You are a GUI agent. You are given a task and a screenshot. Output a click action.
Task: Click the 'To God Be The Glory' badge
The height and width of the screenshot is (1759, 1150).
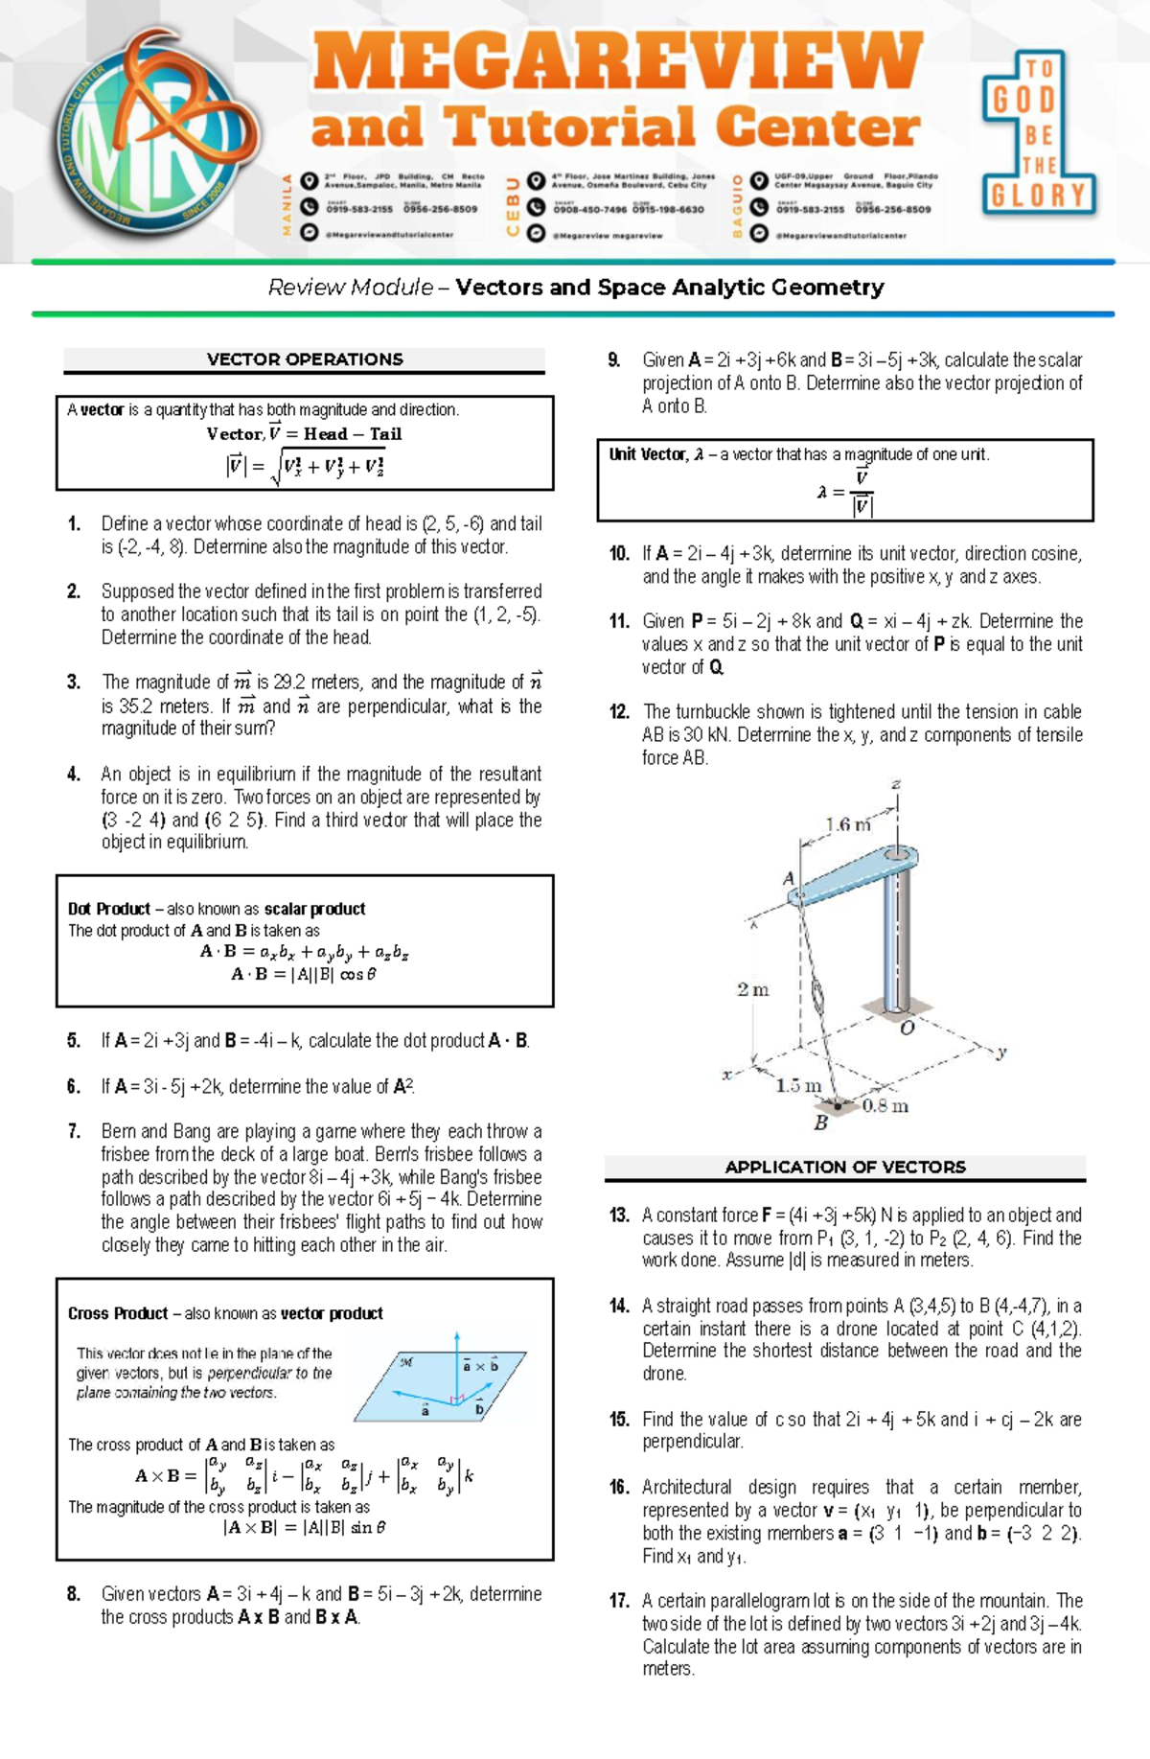tap(1038, 134)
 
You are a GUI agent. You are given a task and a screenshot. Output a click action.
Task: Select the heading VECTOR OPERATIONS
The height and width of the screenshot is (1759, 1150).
tap(305, 359)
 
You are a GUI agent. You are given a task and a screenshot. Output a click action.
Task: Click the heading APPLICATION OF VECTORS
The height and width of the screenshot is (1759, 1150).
tap(844, 1167)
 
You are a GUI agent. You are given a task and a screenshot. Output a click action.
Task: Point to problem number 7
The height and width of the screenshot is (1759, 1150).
tap(74, 1131)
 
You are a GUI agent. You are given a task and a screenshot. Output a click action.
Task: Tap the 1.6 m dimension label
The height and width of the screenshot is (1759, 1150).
tap(848, 824)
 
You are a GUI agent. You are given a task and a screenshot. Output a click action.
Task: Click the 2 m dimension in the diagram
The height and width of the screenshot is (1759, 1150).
tap(752, 989)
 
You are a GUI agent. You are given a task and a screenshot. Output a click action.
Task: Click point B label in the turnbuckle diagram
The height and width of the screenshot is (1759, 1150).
tap(820, 1123)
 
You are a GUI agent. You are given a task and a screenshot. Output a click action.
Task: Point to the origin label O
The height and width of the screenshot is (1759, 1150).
tap(907, 1029)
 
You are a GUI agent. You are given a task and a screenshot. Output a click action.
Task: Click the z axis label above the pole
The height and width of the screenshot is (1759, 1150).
tap(896, 784)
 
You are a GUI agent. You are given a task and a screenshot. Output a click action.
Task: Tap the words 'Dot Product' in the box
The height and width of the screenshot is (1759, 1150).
tap(109, 909)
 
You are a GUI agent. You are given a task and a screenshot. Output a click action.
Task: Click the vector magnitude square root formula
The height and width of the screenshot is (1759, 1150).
tap(305, 467)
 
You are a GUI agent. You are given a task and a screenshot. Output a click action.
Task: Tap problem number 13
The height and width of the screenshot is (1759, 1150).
tap(619, 1215)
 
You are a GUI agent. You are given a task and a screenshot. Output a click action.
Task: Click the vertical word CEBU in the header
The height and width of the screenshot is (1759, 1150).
tap(513, 205)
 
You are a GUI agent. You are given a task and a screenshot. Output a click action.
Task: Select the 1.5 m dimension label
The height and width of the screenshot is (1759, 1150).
tap(798, 1086)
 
